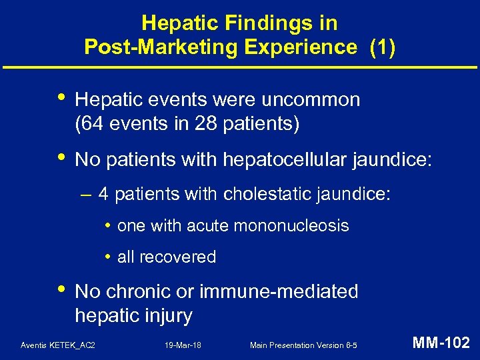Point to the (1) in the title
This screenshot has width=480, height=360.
(383, 47)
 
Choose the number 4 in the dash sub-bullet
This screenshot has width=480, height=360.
(104, 195)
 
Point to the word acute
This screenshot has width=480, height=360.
(207, 226)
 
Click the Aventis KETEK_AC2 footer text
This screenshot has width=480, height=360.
(58, 345)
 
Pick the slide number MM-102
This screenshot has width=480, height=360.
(441, 344)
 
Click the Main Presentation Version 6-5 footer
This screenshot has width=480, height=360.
(303, 345)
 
